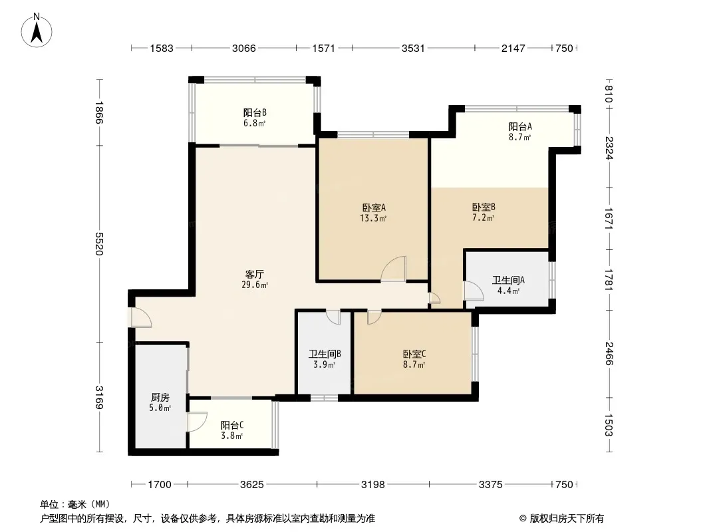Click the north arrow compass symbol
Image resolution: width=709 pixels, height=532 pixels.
coord(37,30)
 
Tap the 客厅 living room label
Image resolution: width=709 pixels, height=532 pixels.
coord(255,275)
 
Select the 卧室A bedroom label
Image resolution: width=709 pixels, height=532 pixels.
coord(374,208)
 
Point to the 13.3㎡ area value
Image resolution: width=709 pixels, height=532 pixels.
coord(373,219)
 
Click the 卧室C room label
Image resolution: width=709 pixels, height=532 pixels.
coord(414,354)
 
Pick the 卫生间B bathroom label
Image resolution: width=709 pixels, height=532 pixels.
coord(325,354)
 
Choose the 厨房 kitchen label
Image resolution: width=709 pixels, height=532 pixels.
coord(160,397)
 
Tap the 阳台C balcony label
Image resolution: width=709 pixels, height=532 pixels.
coord(232,426)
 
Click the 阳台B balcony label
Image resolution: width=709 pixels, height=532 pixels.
coord(255,112)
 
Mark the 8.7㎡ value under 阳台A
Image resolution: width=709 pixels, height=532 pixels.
coord(519,138)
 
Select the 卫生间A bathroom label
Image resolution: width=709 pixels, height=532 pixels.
coord(508,280)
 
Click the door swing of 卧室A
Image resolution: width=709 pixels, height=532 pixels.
coord(393,269)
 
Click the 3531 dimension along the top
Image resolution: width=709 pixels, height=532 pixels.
coord(413,48)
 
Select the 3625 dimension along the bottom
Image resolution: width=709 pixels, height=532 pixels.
coord(252,485)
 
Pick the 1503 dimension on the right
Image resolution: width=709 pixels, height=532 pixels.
coord(609,425)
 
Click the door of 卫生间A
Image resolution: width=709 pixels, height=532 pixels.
coord(474,291)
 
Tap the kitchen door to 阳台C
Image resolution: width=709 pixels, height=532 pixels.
coord(197,422)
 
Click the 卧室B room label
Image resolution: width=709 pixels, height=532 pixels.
coord(484,207)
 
